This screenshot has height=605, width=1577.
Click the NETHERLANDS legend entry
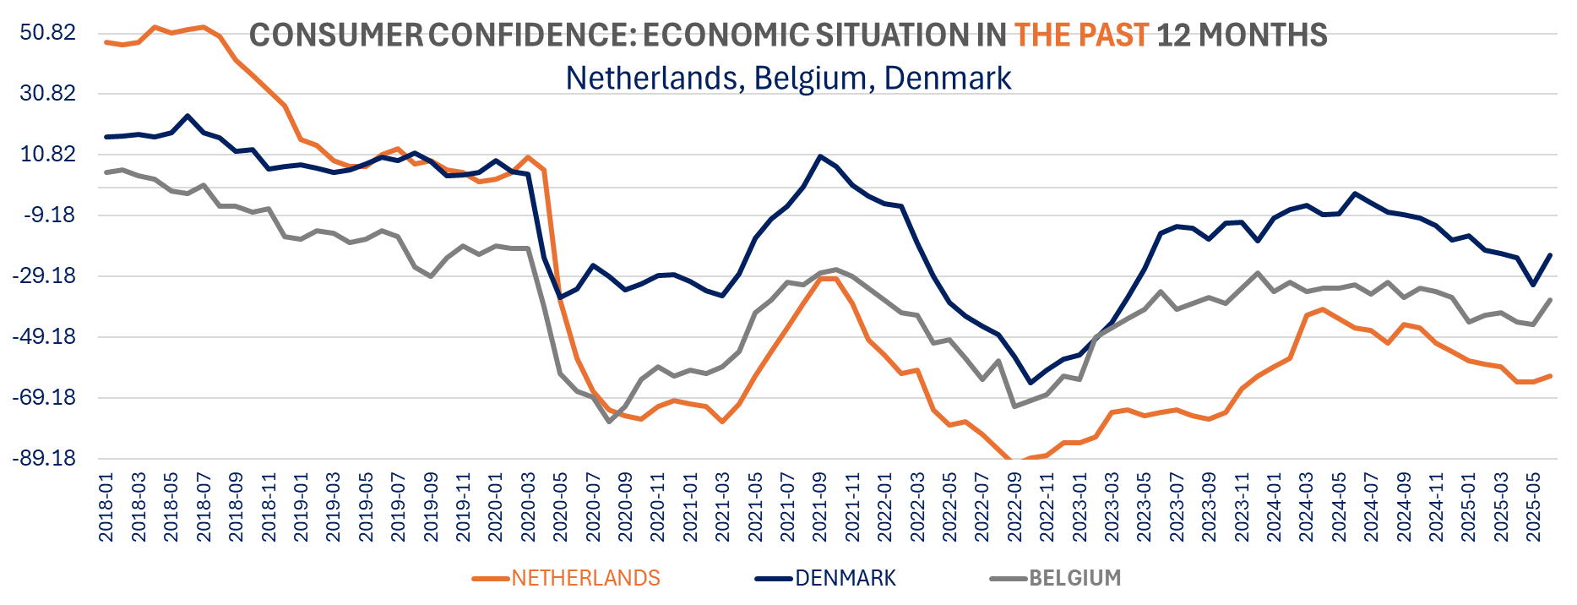coord(585,578)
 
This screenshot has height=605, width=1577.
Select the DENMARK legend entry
coord(845,578)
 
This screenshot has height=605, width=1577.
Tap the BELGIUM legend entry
coord(1074,578)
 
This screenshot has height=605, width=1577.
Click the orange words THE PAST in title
coord(1081,35)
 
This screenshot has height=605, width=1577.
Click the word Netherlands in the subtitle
coord(652,78)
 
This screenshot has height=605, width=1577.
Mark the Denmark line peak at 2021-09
coord(819,156)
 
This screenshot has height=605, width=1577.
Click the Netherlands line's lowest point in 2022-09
coord(1014,462)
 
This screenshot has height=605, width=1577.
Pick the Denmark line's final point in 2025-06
coord(1550,255)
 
